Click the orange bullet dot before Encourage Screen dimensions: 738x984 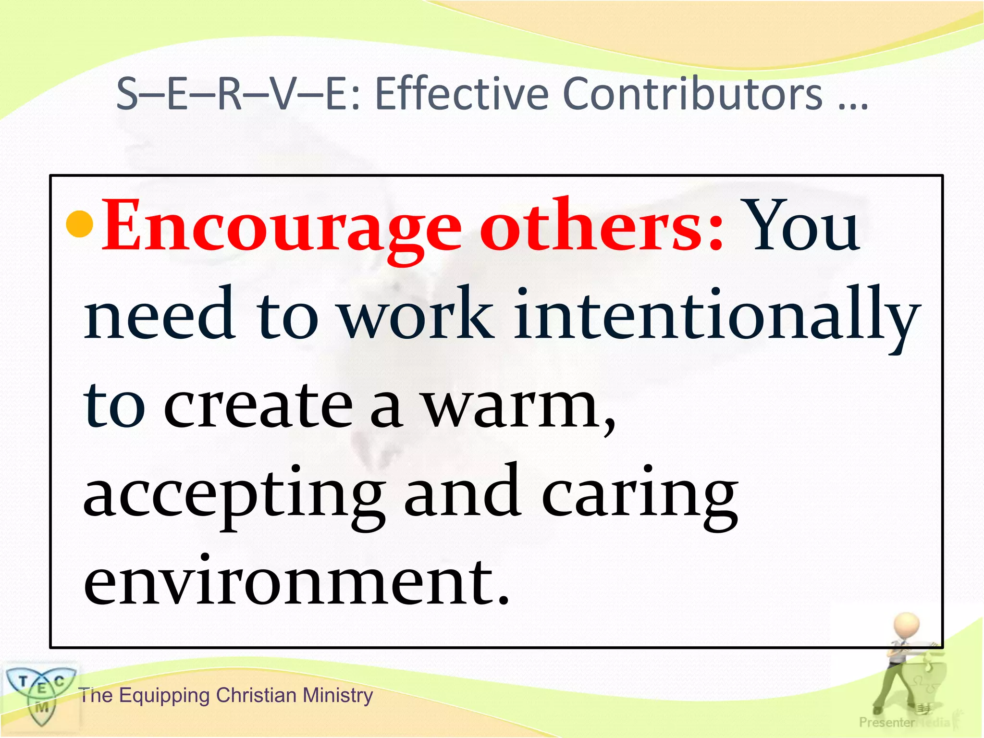(x=79, y=224)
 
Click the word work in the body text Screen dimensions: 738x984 (x=416, y=315)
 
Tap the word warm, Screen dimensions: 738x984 (x=519, y=406)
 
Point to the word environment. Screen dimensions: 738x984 (x=295, y=581)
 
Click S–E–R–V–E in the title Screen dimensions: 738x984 (x=235, y=94)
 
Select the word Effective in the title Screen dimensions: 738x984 (x=461, y=94)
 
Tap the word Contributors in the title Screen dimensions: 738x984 (x=692, y=94)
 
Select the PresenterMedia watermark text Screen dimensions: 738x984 (x=903, y=722)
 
